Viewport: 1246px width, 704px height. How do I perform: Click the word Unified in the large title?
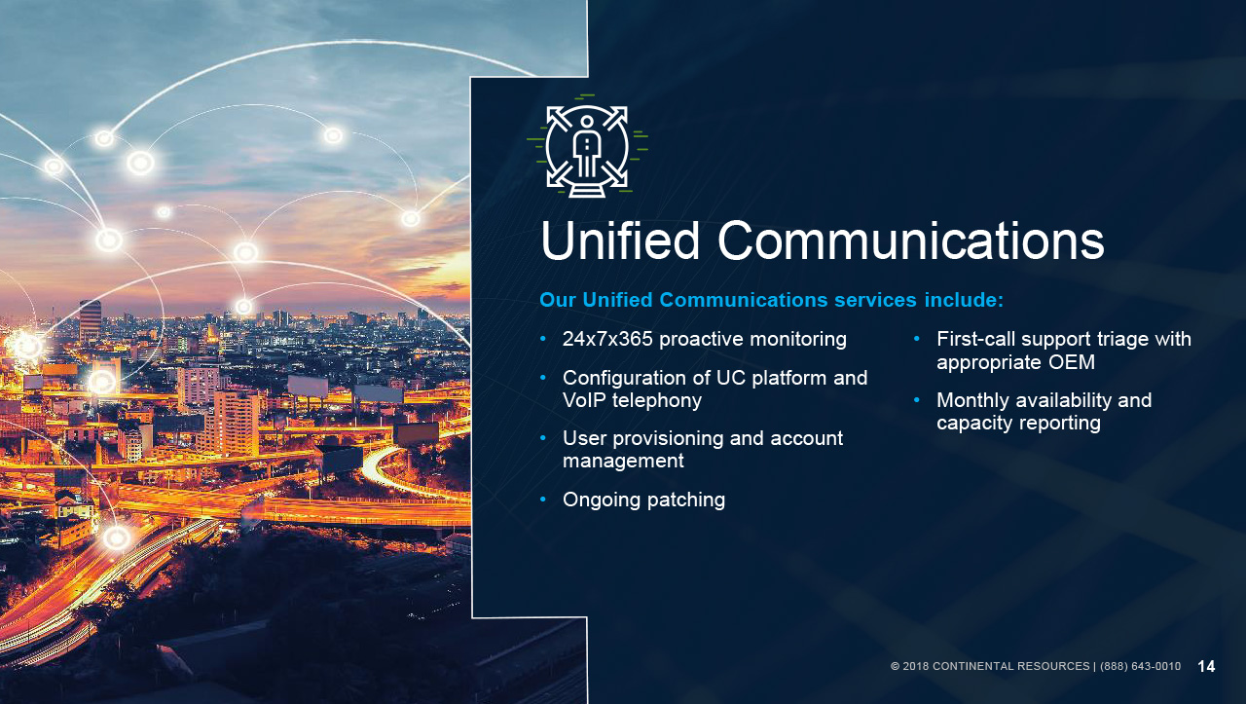620,241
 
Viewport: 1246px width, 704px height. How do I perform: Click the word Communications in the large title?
910,241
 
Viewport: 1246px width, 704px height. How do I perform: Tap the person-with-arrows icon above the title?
587,146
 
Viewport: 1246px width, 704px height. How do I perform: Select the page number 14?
1206,666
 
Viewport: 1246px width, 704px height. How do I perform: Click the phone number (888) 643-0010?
1140,666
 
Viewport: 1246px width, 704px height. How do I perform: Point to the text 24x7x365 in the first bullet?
607,338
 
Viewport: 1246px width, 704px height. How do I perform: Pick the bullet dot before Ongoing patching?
543,500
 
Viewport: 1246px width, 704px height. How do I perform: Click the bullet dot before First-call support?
917,338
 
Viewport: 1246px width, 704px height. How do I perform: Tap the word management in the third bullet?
623,462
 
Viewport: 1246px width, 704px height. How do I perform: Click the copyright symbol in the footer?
895,666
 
